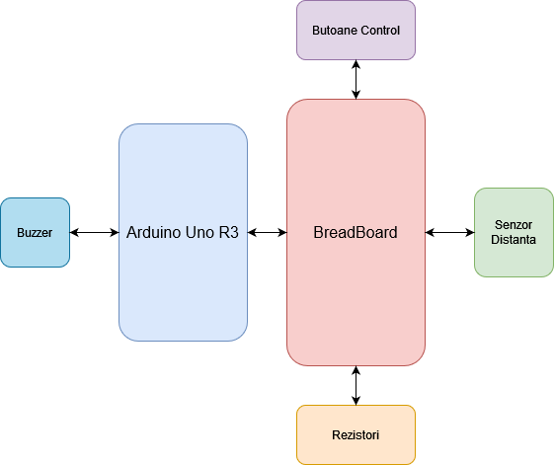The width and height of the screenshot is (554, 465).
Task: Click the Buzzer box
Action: click(x=35, y=233)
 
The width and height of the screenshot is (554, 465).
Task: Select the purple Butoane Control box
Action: click(x=356, y=30)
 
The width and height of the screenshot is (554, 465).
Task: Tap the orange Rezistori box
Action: click(x=356, y=435)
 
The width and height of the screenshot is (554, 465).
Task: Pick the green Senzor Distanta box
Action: click(x=514, y=233)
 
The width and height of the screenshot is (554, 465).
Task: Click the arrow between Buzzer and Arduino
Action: click(x=95, y=233)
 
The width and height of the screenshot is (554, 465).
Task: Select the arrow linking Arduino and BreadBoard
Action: click(x=267, y=233)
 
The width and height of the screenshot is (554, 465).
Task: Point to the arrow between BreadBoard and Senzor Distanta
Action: click(x=449, y=233)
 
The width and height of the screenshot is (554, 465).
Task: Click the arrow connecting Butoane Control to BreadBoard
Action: click(x=356, y=80)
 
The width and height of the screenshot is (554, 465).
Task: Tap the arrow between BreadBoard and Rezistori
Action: click(x=356, y=385)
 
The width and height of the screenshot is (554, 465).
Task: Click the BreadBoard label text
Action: click(x=356, y=233)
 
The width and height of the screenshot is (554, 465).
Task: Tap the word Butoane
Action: click(x=335, y=31)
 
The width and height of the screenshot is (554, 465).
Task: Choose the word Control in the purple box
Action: click(x=380, y=31)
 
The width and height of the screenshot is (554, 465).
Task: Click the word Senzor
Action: click(x=514, y=225)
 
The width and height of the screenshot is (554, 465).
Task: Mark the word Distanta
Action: click(x=514, y=240)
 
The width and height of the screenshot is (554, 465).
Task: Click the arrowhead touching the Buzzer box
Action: click(x=74, y=233)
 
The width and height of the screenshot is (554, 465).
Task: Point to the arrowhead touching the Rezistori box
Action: click(x=356, y=401)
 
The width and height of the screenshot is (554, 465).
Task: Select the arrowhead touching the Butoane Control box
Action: click(x=356, y=64)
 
